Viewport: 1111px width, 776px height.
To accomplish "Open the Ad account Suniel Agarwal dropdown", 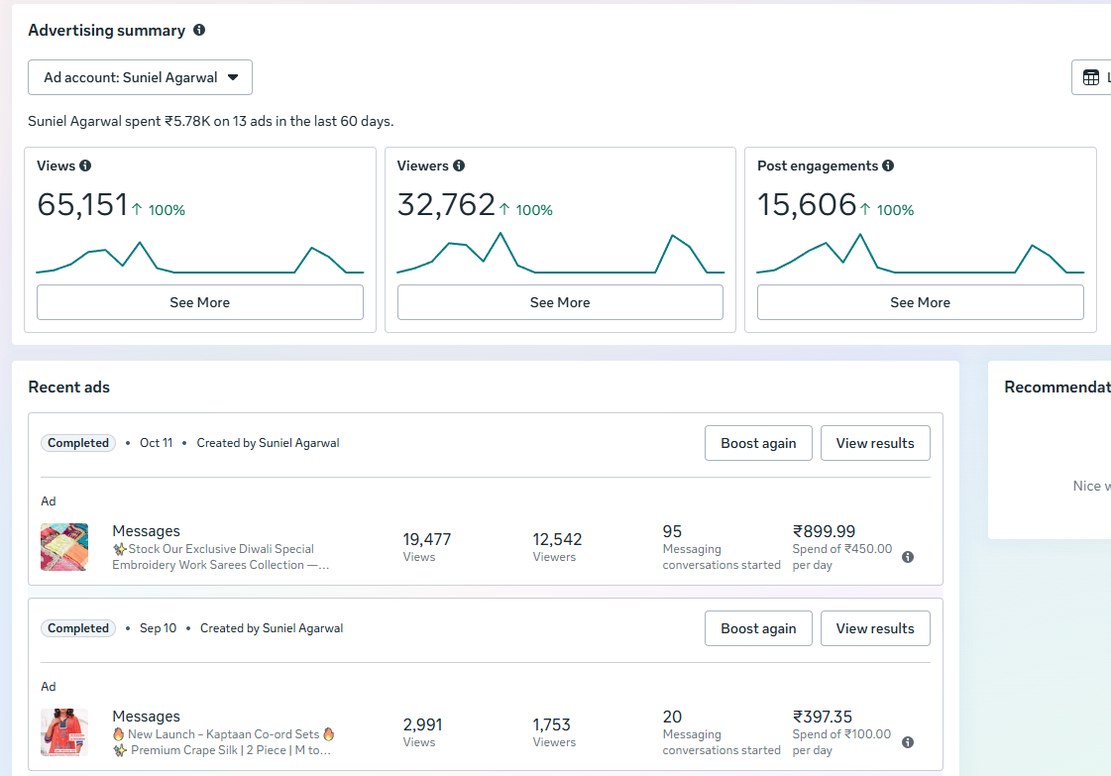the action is (141, 77).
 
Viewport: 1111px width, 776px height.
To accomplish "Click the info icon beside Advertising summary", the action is (199, 30).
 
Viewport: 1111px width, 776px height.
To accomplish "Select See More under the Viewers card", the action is (560, 302).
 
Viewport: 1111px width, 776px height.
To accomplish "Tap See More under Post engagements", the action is (920, 302).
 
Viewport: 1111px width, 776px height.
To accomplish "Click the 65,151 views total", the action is (82, 205).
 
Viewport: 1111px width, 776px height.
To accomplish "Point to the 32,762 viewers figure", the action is (446, 205).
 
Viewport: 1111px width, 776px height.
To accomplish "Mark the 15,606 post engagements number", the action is (807, 205).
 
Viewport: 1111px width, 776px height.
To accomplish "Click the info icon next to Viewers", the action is (459, 166).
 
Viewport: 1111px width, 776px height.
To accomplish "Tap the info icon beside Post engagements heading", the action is (888, 166).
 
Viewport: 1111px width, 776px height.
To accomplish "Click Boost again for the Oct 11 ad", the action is (758, 443).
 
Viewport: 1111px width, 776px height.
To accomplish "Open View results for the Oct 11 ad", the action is (875, 443).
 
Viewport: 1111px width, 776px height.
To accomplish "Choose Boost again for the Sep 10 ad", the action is (758, 628).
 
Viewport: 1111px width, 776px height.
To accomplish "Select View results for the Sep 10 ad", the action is (875, 628).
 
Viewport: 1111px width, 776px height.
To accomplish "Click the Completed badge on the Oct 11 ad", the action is (78, 443).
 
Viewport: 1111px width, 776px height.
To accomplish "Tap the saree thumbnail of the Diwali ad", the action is (64, 547).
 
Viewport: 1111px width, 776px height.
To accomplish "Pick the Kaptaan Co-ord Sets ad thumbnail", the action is (64, 732).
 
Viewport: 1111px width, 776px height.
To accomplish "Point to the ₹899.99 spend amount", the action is (824, 531).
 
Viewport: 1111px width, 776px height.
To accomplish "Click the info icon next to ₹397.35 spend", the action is (908, 742).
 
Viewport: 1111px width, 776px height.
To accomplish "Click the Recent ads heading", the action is (68, 387).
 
